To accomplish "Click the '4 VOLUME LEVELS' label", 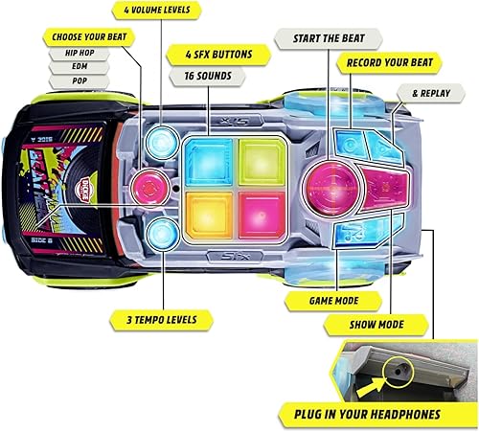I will tap(157, 11).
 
